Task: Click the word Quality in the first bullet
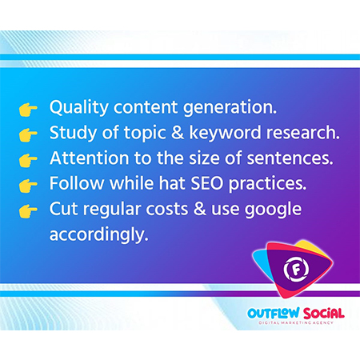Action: coord(78,107)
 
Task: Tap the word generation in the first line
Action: coord(230,108)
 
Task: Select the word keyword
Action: coord(225,134)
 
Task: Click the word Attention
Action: coord(90,158)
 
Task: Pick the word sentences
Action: coord(290,158)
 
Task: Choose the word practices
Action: coord(267,185)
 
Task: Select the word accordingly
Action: coord(98,235)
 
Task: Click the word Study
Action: coord(73,134)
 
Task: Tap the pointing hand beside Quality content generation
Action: coord(28,110)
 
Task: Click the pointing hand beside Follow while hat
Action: coord(28,186)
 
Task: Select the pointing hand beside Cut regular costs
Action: coord(28,211)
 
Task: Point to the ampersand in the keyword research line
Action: coord(178,133)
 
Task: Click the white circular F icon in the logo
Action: coord(296,269)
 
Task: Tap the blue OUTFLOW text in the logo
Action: coord(274,313)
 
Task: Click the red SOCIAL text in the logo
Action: coord(323,314)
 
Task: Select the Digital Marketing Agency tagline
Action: coord(296,322)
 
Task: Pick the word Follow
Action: coord(77,183)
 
